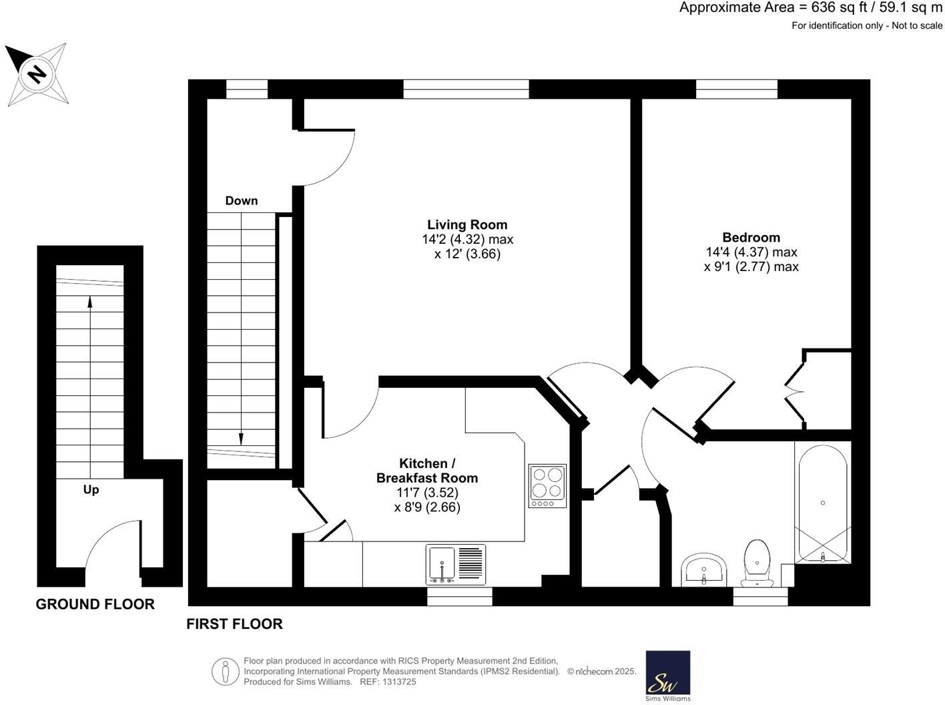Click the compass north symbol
click(37, 73)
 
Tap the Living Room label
click(467, 224)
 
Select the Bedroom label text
click(751, 237)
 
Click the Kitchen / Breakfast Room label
click(427, 471)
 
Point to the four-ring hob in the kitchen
click(547, 485)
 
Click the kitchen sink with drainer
click(456, 564)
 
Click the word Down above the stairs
click(241, 200)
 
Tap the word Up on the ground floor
click(91, 489)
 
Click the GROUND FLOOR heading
click(95, 604)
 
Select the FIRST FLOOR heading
click(234, 624)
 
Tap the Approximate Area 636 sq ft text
click(810, 8)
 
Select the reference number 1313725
click(397, 682)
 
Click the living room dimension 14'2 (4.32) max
click(467, 239)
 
